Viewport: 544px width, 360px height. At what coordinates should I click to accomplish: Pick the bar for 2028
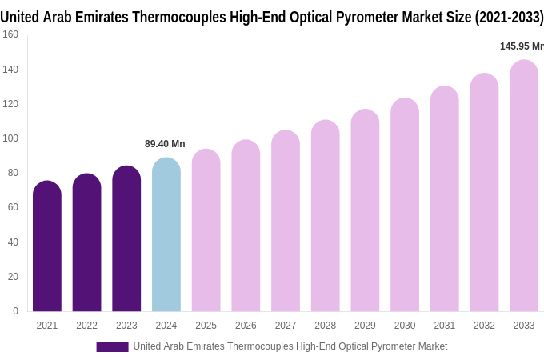(x=326, y=216)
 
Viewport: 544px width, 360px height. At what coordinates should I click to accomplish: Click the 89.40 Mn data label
(x=165, y=144)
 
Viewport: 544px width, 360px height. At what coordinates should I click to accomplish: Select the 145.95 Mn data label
(x=522, y=46)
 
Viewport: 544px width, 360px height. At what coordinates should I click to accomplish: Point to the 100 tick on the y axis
(x=10, y=138)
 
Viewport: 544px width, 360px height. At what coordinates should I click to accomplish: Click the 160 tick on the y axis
(x=10, y=34)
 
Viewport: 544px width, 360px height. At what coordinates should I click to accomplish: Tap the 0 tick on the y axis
(x=15, y=311)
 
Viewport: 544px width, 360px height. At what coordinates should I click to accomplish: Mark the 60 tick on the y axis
(x=13, y=207)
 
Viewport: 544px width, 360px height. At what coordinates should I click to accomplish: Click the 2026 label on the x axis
(x=246, y=326)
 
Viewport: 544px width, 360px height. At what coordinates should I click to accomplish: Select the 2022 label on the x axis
(x=86, y=326)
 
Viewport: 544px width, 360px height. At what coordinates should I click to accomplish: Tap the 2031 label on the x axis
(x=445, y=326)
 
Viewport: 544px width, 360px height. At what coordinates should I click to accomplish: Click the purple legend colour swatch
(x=112, y=346)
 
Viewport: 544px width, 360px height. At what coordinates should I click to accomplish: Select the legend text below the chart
(x=290, y=346)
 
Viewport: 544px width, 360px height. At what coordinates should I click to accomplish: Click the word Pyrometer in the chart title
(x=349, y=17)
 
